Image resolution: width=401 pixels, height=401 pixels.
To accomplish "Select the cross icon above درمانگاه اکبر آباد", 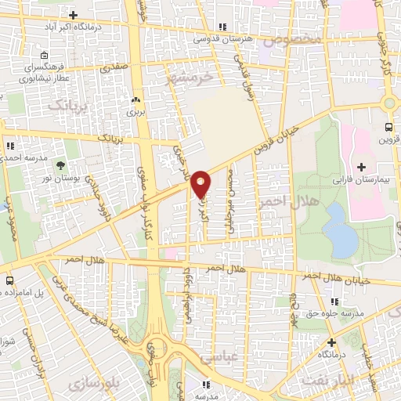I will pyautogui.click(x=73, y=16).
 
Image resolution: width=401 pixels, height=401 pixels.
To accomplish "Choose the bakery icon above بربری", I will pyautogui.click(x=138, y=100).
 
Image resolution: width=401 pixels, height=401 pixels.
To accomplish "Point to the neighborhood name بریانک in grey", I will pyautogui.click(x=66, y=103).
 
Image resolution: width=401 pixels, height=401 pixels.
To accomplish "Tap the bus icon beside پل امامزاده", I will pyautogui.click(x=9, y=280).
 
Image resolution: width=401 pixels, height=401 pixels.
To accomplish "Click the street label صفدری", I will pyautogui.click(x=112, y=69).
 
